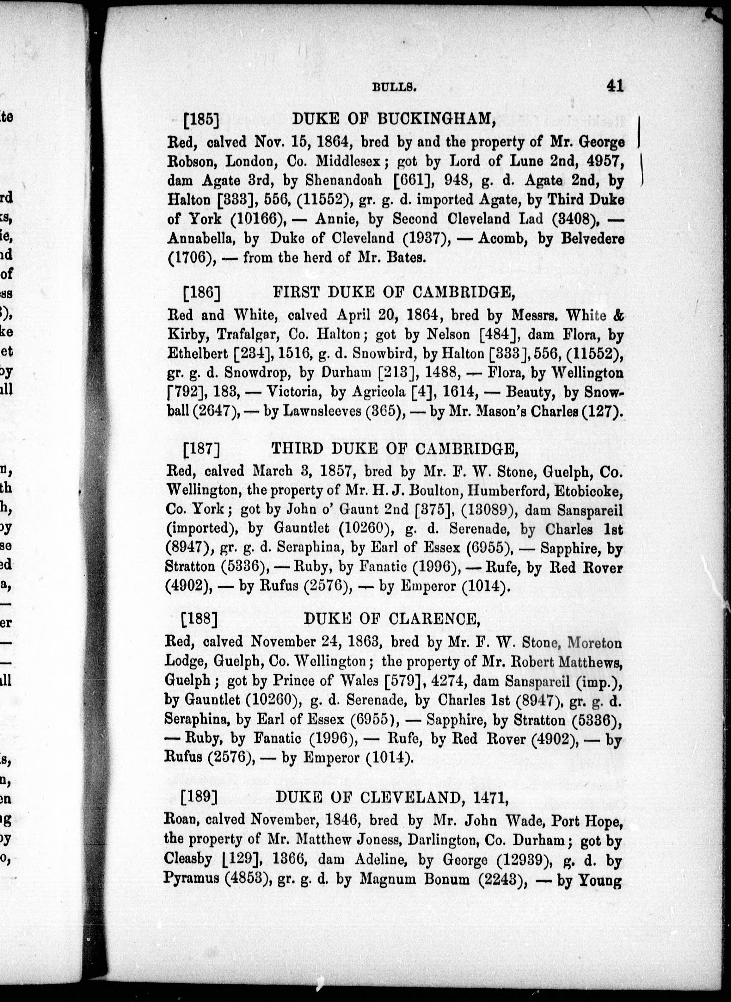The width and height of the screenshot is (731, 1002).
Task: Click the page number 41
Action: [615, 85]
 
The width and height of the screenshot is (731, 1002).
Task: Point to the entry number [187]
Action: [201, 449]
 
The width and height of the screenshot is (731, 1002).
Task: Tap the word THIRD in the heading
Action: [297, 449]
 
